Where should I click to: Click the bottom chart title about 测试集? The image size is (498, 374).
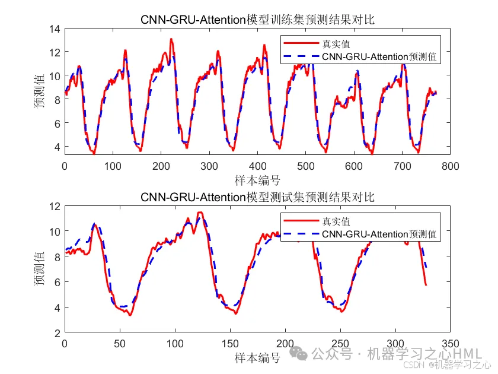tap(257, 196)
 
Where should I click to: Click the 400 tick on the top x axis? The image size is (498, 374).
tap(257, 167)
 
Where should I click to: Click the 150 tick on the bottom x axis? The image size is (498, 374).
tap(230, 344)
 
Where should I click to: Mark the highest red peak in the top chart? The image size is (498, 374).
tap(171, 39)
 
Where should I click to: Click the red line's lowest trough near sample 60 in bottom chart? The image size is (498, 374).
tap(130, 315)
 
